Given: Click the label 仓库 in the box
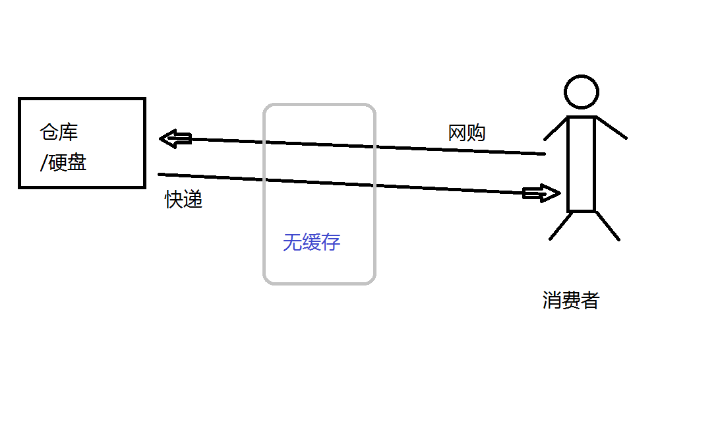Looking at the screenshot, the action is [59, 133].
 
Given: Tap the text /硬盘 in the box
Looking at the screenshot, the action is [64, 162].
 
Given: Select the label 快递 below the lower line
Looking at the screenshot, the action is [184, 200].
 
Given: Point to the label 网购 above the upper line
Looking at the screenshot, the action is [467, 133].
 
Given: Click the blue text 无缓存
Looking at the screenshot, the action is [311, 242].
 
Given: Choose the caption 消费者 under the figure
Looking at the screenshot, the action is [571, 300].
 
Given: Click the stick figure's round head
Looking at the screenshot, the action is [582, 92].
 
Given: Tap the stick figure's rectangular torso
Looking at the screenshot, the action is [582, 164].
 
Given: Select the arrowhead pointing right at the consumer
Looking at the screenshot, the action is [542, 193].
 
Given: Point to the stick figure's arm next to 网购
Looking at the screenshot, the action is [555, 129].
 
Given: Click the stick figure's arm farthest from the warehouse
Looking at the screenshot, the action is [611, 128].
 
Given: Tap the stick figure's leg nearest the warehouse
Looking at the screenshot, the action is [561, 226].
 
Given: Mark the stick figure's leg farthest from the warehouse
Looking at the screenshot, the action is [608, 226].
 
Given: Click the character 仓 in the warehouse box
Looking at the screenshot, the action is [49, 133].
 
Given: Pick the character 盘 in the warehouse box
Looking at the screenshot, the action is [77, 162].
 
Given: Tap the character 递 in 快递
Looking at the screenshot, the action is [193, 200].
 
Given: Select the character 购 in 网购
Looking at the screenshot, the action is [476, 133].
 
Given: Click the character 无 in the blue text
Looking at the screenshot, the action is [292, 242].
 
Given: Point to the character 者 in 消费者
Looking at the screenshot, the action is [590, 300].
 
